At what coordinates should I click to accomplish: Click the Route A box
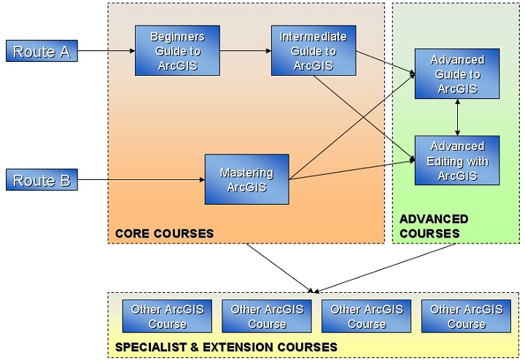click(x=42, y=51)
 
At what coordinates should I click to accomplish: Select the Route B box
click(x=42, y=180)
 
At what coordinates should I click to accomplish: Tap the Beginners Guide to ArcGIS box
click(x=177, y=50)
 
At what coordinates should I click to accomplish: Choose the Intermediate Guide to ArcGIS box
click(x=313, y=50)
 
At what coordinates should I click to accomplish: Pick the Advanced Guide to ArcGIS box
click(x=457, y=74)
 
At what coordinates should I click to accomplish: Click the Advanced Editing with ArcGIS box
click(x=457, y=161)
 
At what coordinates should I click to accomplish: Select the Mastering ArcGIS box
click(x=246, y=179)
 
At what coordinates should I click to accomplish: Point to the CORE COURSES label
click(x=164, y=234)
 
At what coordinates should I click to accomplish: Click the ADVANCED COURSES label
click(x=433, y=226)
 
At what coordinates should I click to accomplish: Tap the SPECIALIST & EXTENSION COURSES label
click(x=226, y=347)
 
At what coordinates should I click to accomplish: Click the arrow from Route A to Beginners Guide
click(x=106, y=51)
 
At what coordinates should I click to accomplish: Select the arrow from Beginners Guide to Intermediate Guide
click(x=245, y=51)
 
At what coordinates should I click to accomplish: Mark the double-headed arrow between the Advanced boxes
click(x=457, y=117)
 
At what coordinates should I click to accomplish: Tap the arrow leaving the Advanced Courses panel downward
click(x=386, y=267)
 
